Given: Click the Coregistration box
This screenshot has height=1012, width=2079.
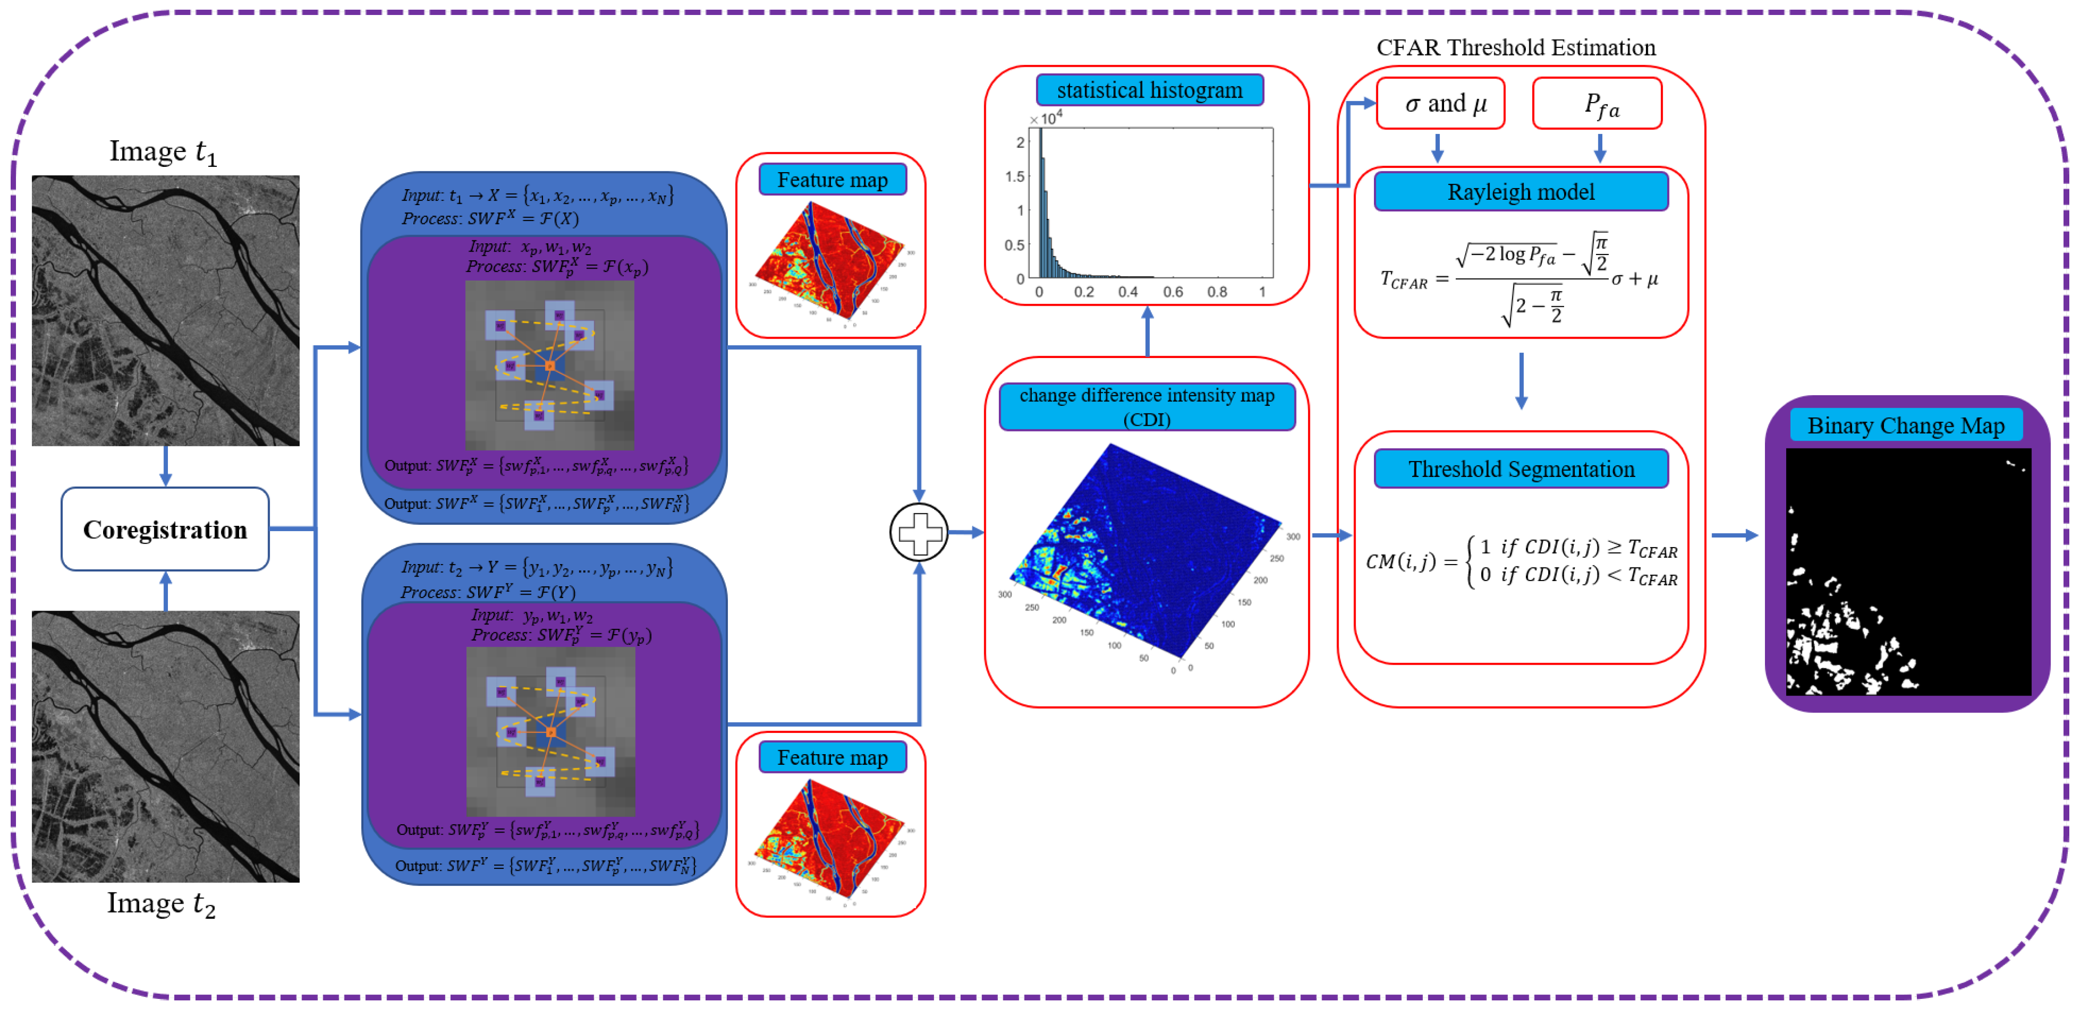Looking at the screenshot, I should pyautogui.click(x=165, y=529).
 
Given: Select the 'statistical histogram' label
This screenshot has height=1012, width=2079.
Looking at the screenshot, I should pyautogui.click(x=1149, y=90).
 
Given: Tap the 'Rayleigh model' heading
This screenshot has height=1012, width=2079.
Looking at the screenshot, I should pyautogui.click(x=1521, y=192).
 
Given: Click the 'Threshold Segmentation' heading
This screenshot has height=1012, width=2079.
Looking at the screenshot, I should pyautogui.click(x=1521, y=469).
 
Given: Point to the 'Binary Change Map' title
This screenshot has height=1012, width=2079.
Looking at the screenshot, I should pyautogui.click(x=1905, y=425).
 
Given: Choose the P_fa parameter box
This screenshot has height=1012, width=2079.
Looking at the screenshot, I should pyautogui.click(x=1597, y=104).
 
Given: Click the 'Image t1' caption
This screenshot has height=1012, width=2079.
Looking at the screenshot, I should pyautogui.click(x=163, y=152).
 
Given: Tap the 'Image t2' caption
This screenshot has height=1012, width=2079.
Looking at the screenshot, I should pyautogui.click(x=162, y=903).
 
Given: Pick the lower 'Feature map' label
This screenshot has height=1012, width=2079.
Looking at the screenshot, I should pyautogui.click(x=832, y=757).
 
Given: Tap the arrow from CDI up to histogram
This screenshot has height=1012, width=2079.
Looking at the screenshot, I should pyautogui.click(x=1147, y=331).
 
